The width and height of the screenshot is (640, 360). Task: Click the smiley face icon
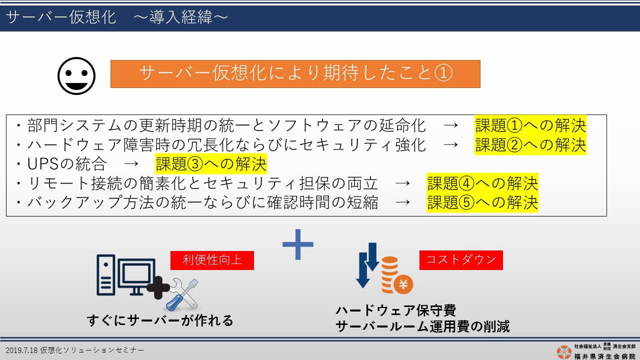[x=76, y=75]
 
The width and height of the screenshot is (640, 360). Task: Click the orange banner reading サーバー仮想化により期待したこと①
[x=295, y=73]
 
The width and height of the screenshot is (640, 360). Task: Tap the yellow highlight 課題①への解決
[x=530, y=125]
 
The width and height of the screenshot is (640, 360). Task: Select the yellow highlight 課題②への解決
[x=530, y=144]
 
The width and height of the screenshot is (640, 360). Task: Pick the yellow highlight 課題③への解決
[x=211, y=163]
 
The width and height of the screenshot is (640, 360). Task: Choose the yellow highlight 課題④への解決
[x=482, y=183]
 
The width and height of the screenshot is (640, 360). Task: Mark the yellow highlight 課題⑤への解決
[x=482, y=202]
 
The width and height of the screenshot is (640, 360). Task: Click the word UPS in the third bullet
[x=43, y=164]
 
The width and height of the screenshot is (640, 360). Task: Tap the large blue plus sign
[x=298, y=244]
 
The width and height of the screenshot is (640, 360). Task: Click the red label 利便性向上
[x=212, y=260]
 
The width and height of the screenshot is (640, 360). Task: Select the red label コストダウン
[x=461, y=260]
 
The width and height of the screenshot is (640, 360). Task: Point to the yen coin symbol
[x=403, y=284]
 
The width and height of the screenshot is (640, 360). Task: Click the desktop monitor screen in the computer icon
[x=136, y=273]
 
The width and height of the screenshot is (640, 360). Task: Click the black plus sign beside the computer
[x=158, y=287]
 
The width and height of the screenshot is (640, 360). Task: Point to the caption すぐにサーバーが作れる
[x=160, y=320]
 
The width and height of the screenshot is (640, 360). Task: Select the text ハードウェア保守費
[x=396, y=310]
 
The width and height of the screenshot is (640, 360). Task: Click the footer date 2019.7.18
[x=21, y=350]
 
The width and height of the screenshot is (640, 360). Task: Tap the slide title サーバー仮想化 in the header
[x=61, y=17]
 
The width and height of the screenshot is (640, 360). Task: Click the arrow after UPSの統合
[x=131, y=164]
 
